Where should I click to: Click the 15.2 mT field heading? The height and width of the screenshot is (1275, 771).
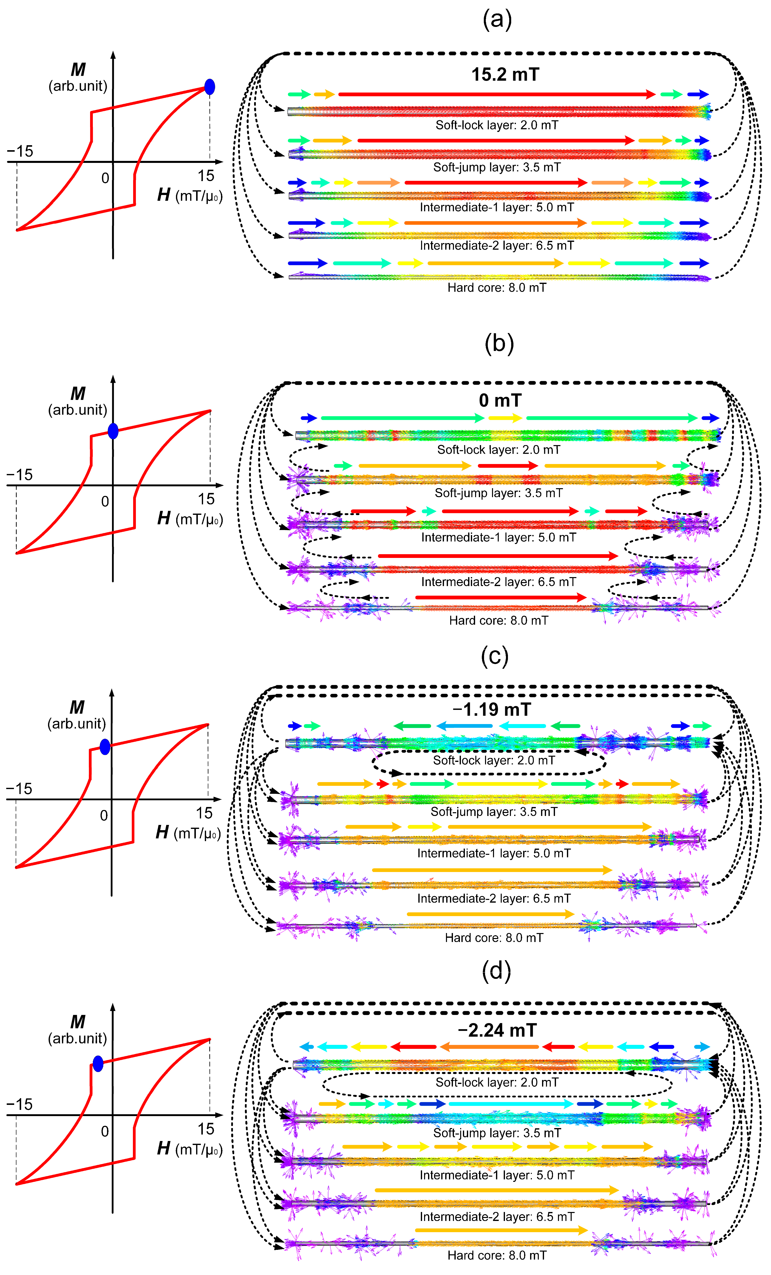tap(505, 74)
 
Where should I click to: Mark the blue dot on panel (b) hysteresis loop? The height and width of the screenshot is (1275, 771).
tap(113, 430)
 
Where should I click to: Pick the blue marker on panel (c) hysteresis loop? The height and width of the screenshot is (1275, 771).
tap(105, 747)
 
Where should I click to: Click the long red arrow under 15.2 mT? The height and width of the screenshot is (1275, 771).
tap(496, 94)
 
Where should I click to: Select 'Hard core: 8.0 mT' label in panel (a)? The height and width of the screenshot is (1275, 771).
tap(496, 288)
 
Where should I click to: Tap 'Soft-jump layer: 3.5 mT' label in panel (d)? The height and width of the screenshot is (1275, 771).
tap(496, 1133)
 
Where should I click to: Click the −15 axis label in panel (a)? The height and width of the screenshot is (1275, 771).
tap(20, 151)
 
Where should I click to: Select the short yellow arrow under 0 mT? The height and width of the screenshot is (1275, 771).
tap(505, 418)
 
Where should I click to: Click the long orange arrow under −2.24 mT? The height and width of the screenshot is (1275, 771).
tap(489, 1047)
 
